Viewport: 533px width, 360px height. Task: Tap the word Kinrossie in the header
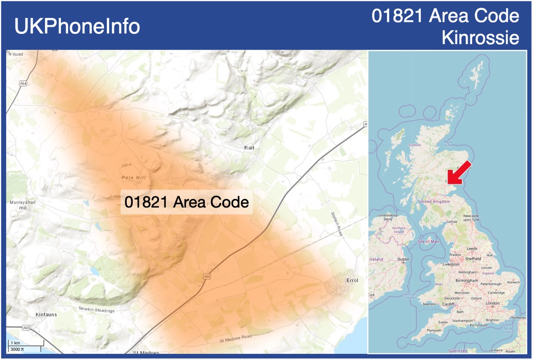point(480,38)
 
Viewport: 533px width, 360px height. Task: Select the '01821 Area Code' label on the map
point(187,202)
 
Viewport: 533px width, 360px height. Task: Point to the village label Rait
point(249,148)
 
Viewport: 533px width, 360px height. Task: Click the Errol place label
point(352,280)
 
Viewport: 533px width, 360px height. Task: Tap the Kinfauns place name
point(46,314)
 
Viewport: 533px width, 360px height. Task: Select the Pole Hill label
point(133,177)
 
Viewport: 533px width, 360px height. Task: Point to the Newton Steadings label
point(96,309)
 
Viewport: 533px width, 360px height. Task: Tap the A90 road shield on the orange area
point(206,276)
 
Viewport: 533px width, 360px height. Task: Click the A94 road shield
point(23,83)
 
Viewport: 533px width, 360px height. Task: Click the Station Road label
point(337,224)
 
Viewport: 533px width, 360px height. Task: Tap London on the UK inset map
point(492,303)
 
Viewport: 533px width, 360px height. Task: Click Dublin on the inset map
point(403,259)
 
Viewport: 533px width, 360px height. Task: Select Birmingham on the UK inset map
point(466,280)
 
